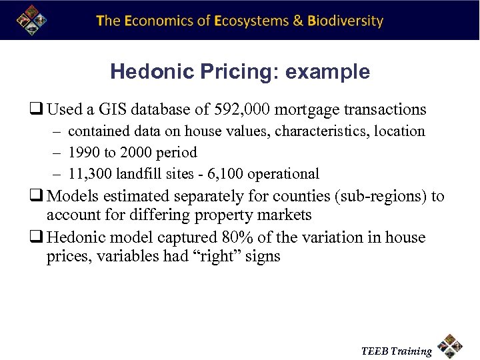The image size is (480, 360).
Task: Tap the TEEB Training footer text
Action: (396, 351)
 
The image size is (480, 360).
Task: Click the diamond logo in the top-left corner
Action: (30, 19)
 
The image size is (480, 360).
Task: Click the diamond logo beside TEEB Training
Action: (451, 345)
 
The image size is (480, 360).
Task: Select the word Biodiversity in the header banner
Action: (345, 21)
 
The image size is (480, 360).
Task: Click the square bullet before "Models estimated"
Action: (39, 197)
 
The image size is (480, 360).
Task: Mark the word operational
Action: (283, 174)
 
